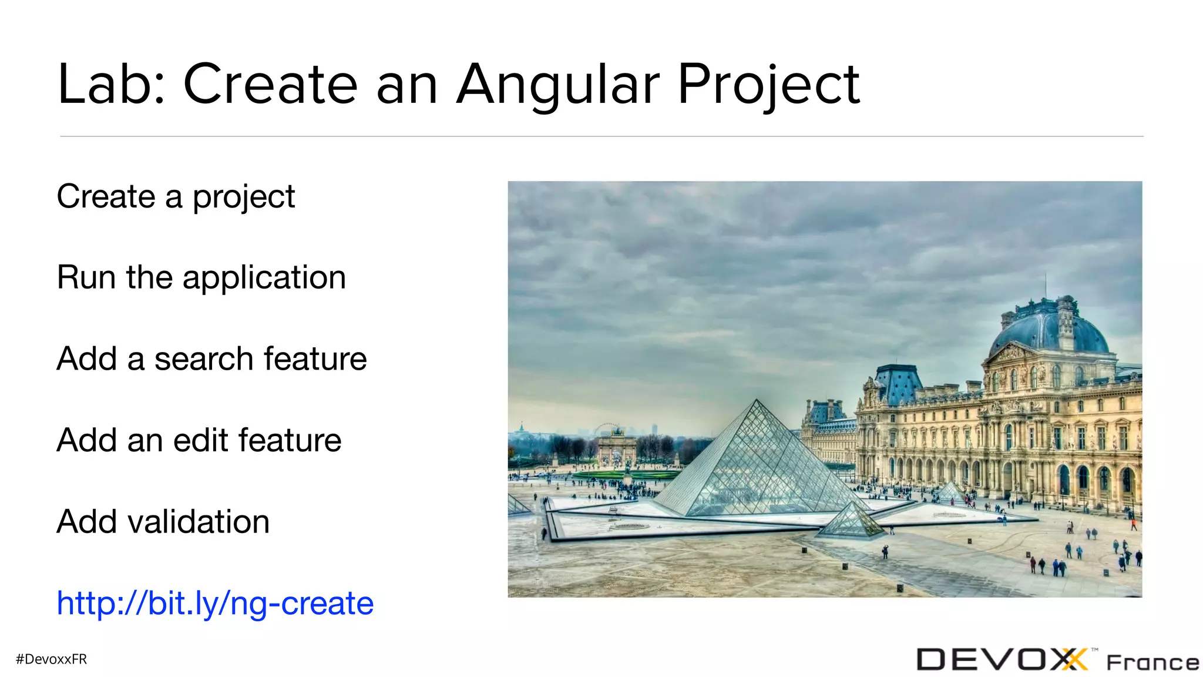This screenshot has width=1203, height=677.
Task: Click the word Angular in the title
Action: (x=558, y=85)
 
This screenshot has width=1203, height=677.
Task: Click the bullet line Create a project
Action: (x=175, y=197)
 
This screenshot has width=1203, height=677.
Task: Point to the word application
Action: (x=264, y=278)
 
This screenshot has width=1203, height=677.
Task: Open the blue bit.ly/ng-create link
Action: (x=215, y=604)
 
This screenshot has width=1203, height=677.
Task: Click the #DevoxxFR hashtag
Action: (x=52, y=659)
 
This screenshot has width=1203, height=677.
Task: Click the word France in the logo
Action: (x=1152, y=663)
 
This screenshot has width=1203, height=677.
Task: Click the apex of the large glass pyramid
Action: (x=757, y=401)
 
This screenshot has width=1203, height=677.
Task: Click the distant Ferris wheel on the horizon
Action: (x=609, y=429)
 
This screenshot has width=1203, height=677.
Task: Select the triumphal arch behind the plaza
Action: (x=617, y=447)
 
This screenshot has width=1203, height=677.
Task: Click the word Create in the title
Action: (x=270, y=85)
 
